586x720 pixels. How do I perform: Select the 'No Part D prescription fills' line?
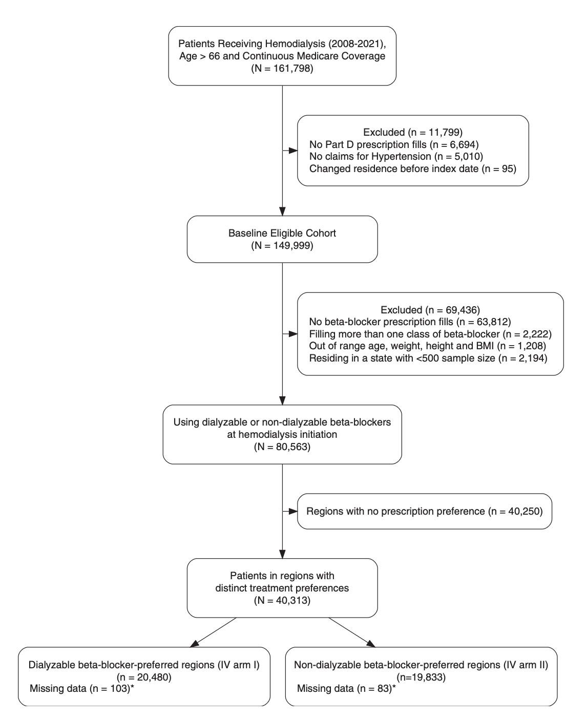pyautogui.click(x=394, y=144)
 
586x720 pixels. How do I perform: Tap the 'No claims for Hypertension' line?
pyautogui.click(x=396, y=156)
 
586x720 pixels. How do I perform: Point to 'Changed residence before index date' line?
pyautogui.click(x=412, y=168)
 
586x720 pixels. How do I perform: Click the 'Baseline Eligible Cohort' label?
pyautogui.click(x=282, y=233)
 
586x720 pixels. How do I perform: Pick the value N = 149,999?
pyautogui.click(x=282, y=245)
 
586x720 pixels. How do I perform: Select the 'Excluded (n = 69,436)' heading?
pyautogui.click(x=430, y=310)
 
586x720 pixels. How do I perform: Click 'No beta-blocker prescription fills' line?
pyautogui.click(x=410, y=322)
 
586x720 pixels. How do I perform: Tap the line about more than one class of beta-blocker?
pyautogui.click(x=430, y=334)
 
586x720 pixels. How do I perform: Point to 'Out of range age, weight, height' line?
pyautogui.click(x=427, y=346)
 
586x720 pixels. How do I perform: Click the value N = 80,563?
pyautogui.click(x=282, y=447)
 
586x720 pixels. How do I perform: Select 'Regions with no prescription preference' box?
pyautogui.click(x=424, y=511)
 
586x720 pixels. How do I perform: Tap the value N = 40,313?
pyautogui.click(x=282, y=600)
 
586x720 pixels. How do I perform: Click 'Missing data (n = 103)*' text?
pyautogui.click(x=82, y=688)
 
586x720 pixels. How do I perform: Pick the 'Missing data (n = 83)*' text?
pyautogui.click(x=346, y=688)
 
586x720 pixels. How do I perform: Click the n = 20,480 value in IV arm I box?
pyautogui.click(x=144, y=677)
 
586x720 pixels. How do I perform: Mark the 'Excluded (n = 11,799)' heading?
pyautogui.click(x=412, y=132)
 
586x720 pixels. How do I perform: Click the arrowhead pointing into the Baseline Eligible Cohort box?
pyautogui.click(x=282, y=211)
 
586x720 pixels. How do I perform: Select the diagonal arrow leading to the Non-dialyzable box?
pyautogui.click(x=352, y=632)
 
